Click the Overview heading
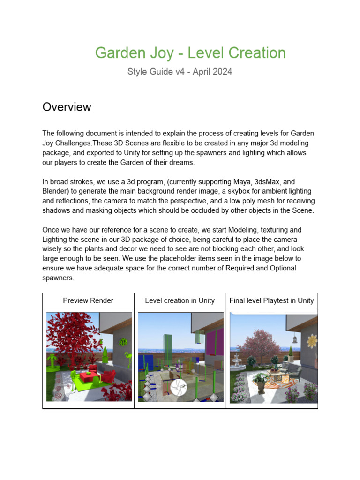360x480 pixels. coord(67,107)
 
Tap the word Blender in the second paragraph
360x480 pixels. coord(55,191)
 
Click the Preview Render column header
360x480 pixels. coord(88,300)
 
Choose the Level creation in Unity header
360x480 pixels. coord(180,300)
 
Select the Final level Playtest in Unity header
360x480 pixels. coord(272,300)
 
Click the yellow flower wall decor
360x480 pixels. coord(311,341)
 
